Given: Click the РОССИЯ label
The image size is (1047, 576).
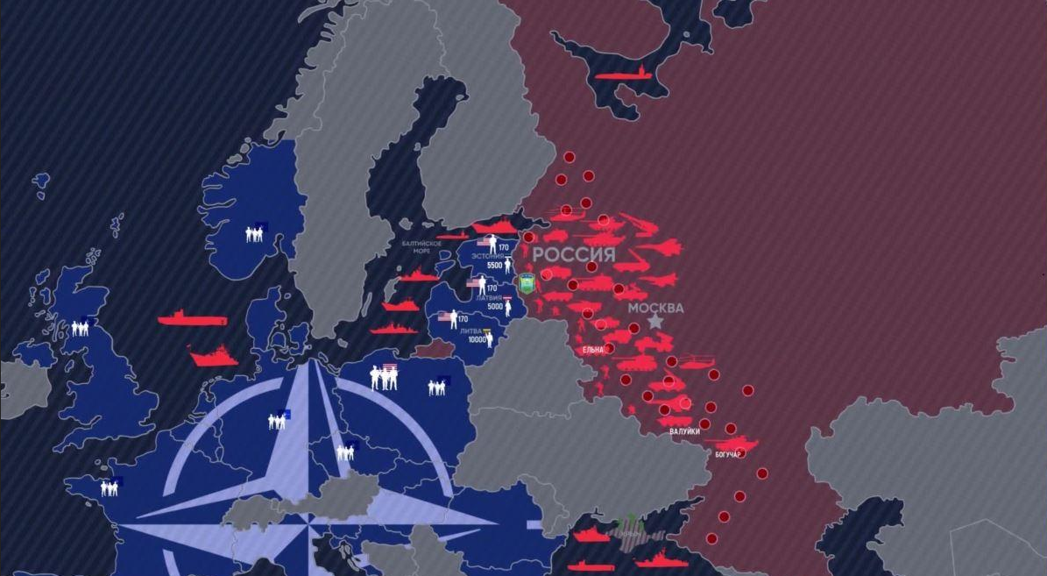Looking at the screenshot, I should (x=574, y=255).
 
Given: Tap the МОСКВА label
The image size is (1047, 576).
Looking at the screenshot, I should (x=655, y=308).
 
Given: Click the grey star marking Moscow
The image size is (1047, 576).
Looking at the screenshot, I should (x=655, y=323).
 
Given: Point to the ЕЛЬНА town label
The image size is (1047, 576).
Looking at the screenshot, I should (x=593, y=350).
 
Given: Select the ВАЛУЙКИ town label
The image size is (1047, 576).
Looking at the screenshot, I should (x=684, y=431).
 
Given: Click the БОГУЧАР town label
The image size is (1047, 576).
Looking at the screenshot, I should (x=729, y=454).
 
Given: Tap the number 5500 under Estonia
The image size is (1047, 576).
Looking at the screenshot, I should (x=494, y=265).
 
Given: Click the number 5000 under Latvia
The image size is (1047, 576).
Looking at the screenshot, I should (x=495, y=306).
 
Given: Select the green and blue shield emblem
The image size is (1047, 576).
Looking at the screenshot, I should (x=527, y=282).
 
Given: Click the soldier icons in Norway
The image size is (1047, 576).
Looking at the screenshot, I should (x=255, y=233).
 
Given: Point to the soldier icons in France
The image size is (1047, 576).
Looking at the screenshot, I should (x=110, y=487).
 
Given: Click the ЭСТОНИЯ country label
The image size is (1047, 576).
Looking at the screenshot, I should (x=487, y=256).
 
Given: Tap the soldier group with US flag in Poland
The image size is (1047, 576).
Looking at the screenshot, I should (x=384, y=377).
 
